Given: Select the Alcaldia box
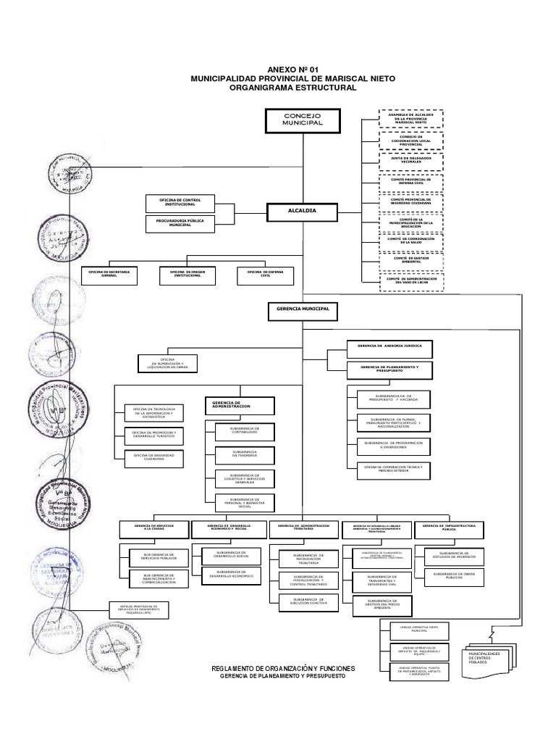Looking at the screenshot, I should (302, 211).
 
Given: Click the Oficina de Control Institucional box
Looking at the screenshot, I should (180, 202).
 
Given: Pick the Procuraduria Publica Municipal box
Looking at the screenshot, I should (180, 224).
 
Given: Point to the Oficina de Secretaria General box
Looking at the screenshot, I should (109, 275).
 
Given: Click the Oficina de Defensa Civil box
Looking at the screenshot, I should (264, 275).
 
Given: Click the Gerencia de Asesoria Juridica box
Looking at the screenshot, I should (389, 348).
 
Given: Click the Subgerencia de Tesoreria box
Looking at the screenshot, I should (244, 454).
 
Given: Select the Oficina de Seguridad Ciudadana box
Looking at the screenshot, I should (154, 458).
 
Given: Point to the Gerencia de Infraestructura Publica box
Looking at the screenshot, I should (450, 528).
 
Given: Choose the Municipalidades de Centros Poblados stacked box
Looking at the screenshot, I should (489, 658).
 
